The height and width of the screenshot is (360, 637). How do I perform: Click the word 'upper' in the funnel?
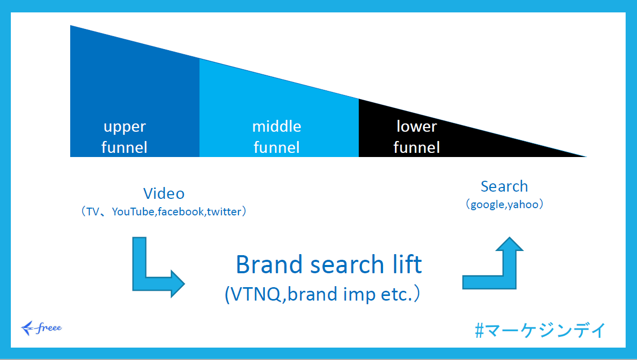124,127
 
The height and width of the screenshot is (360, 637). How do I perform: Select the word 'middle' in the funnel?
277,127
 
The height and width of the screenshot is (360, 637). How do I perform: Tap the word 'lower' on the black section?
417,127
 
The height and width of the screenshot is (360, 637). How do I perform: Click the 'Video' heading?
164,194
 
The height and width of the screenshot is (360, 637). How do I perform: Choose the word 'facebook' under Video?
181,212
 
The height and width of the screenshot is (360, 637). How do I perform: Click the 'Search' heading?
504,186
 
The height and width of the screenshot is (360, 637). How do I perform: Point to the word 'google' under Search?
487,205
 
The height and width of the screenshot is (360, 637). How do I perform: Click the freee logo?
41,327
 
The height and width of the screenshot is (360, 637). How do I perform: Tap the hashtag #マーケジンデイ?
540,330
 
